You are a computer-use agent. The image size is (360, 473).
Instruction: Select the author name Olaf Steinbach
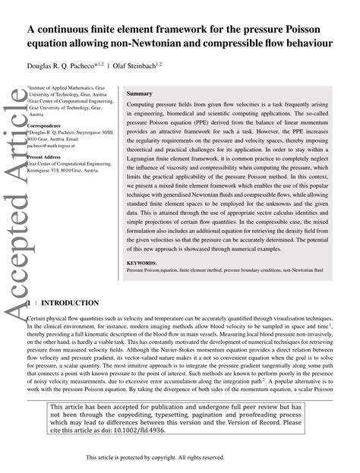click(x=157, y=67)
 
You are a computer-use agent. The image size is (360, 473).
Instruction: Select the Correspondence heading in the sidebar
click(x=45, y=125)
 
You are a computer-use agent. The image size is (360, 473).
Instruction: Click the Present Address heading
click(x=45, y=156)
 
